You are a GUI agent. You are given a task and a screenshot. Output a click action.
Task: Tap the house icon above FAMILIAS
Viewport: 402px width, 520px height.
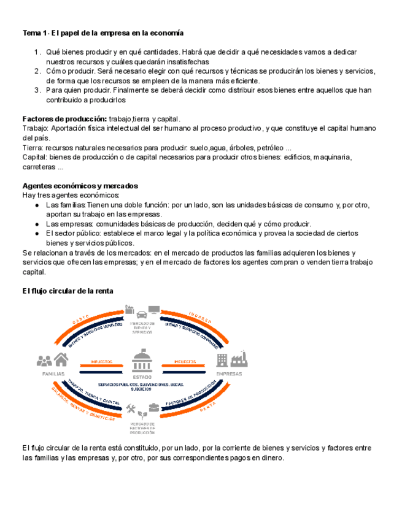pyautogui.click(x=61, y=361)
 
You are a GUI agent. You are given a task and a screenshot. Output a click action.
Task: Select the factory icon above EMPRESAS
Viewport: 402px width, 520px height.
pyautogui.click(x=238, y=359)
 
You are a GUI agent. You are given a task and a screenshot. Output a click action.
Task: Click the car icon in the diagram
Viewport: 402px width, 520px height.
pyautogui.click(x=142, y=312)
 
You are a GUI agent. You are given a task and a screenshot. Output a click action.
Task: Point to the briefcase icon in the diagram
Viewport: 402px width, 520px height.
pyautogui.click(x=153, y=407)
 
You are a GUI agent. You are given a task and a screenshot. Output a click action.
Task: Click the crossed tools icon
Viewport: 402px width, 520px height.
pyautogui.click(x=131, y=408)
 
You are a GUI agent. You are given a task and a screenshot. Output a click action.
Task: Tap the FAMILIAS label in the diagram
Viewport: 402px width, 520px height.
pyautogui.click(x=53, y=373)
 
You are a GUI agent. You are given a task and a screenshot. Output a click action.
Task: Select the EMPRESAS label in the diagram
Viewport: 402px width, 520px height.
pyautogui.click(x=229, y=373)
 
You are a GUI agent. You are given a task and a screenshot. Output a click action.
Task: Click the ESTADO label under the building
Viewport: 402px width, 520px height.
pyautogui.click(x=142, y=377)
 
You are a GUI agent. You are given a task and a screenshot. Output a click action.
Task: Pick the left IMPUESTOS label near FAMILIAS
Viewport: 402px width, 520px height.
pyautogui.click(x=101, y=362)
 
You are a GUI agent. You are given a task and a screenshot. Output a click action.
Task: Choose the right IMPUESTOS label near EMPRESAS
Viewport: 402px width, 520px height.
pyautogui.click(x=184, y=362)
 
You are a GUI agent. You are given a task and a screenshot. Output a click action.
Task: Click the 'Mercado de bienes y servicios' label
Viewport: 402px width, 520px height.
pyautogui.click(x=142, y=327)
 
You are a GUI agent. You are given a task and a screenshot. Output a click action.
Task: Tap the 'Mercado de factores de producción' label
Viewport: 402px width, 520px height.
pyautogui.click(x=142, y=426)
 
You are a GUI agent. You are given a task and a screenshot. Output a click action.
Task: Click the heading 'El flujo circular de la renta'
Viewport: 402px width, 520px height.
pyautogui.click(x=68, y=291)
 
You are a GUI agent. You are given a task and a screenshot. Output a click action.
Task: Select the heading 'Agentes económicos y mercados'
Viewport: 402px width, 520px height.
pyautogui.click(x=80, y=185)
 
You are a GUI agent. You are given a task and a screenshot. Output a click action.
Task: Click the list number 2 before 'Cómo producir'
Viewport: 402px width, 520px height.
pyautogui.click(x=37, y=71)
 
